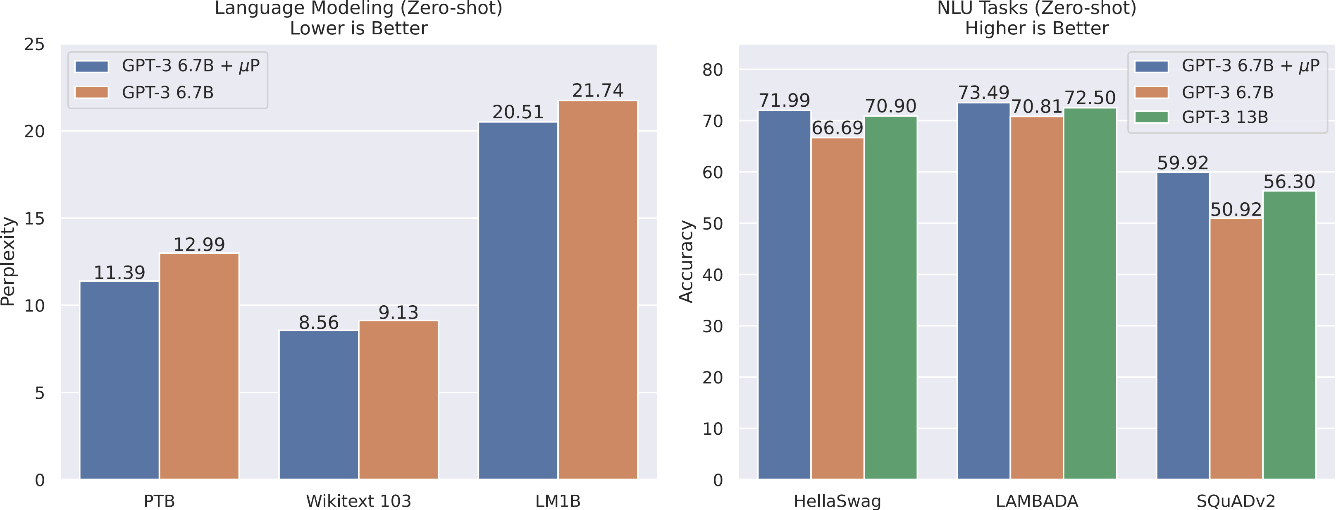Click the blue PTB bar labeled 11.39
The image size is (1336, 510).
[119, 380]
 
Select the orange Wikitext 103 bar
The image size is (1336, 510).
[398, 400]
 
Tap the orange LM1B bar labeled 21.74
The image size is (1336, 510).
[597, 290]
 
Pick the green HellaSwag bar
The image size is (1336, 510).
[890, 297]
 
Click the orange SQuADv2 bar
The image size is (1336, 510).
[1236, 349]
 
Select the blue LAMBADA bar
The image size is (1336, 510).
[983, 290]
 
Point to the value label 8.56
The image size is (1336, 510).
[318, 323]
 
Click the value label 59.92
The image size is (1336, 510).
[1183, 163]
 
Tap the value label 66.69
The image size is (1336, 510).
[837, 128]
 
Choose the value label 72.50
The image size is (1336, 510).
[1090, 98]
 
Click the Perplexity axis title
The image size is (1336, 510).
[8, 261]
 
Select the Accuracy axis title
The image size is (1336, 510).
[686, 261]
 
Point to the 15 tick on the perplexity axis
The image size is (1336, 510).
[35, 218]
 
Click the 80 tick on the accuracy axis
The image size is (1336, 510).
[712, 70]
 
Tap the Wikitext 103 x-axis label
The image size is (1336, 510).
[358, 500]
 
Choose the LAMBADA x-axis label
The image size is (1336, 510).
[1037, 500]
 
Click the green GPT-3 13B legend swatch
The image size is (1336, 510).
[1151, 117]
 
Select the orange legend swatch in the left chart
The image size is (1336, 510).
[92, 92]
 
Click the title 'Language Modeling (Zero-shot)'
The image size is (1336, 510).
[358, 8]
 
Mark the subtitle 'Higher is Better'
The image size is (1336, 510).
[1037, 28]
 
